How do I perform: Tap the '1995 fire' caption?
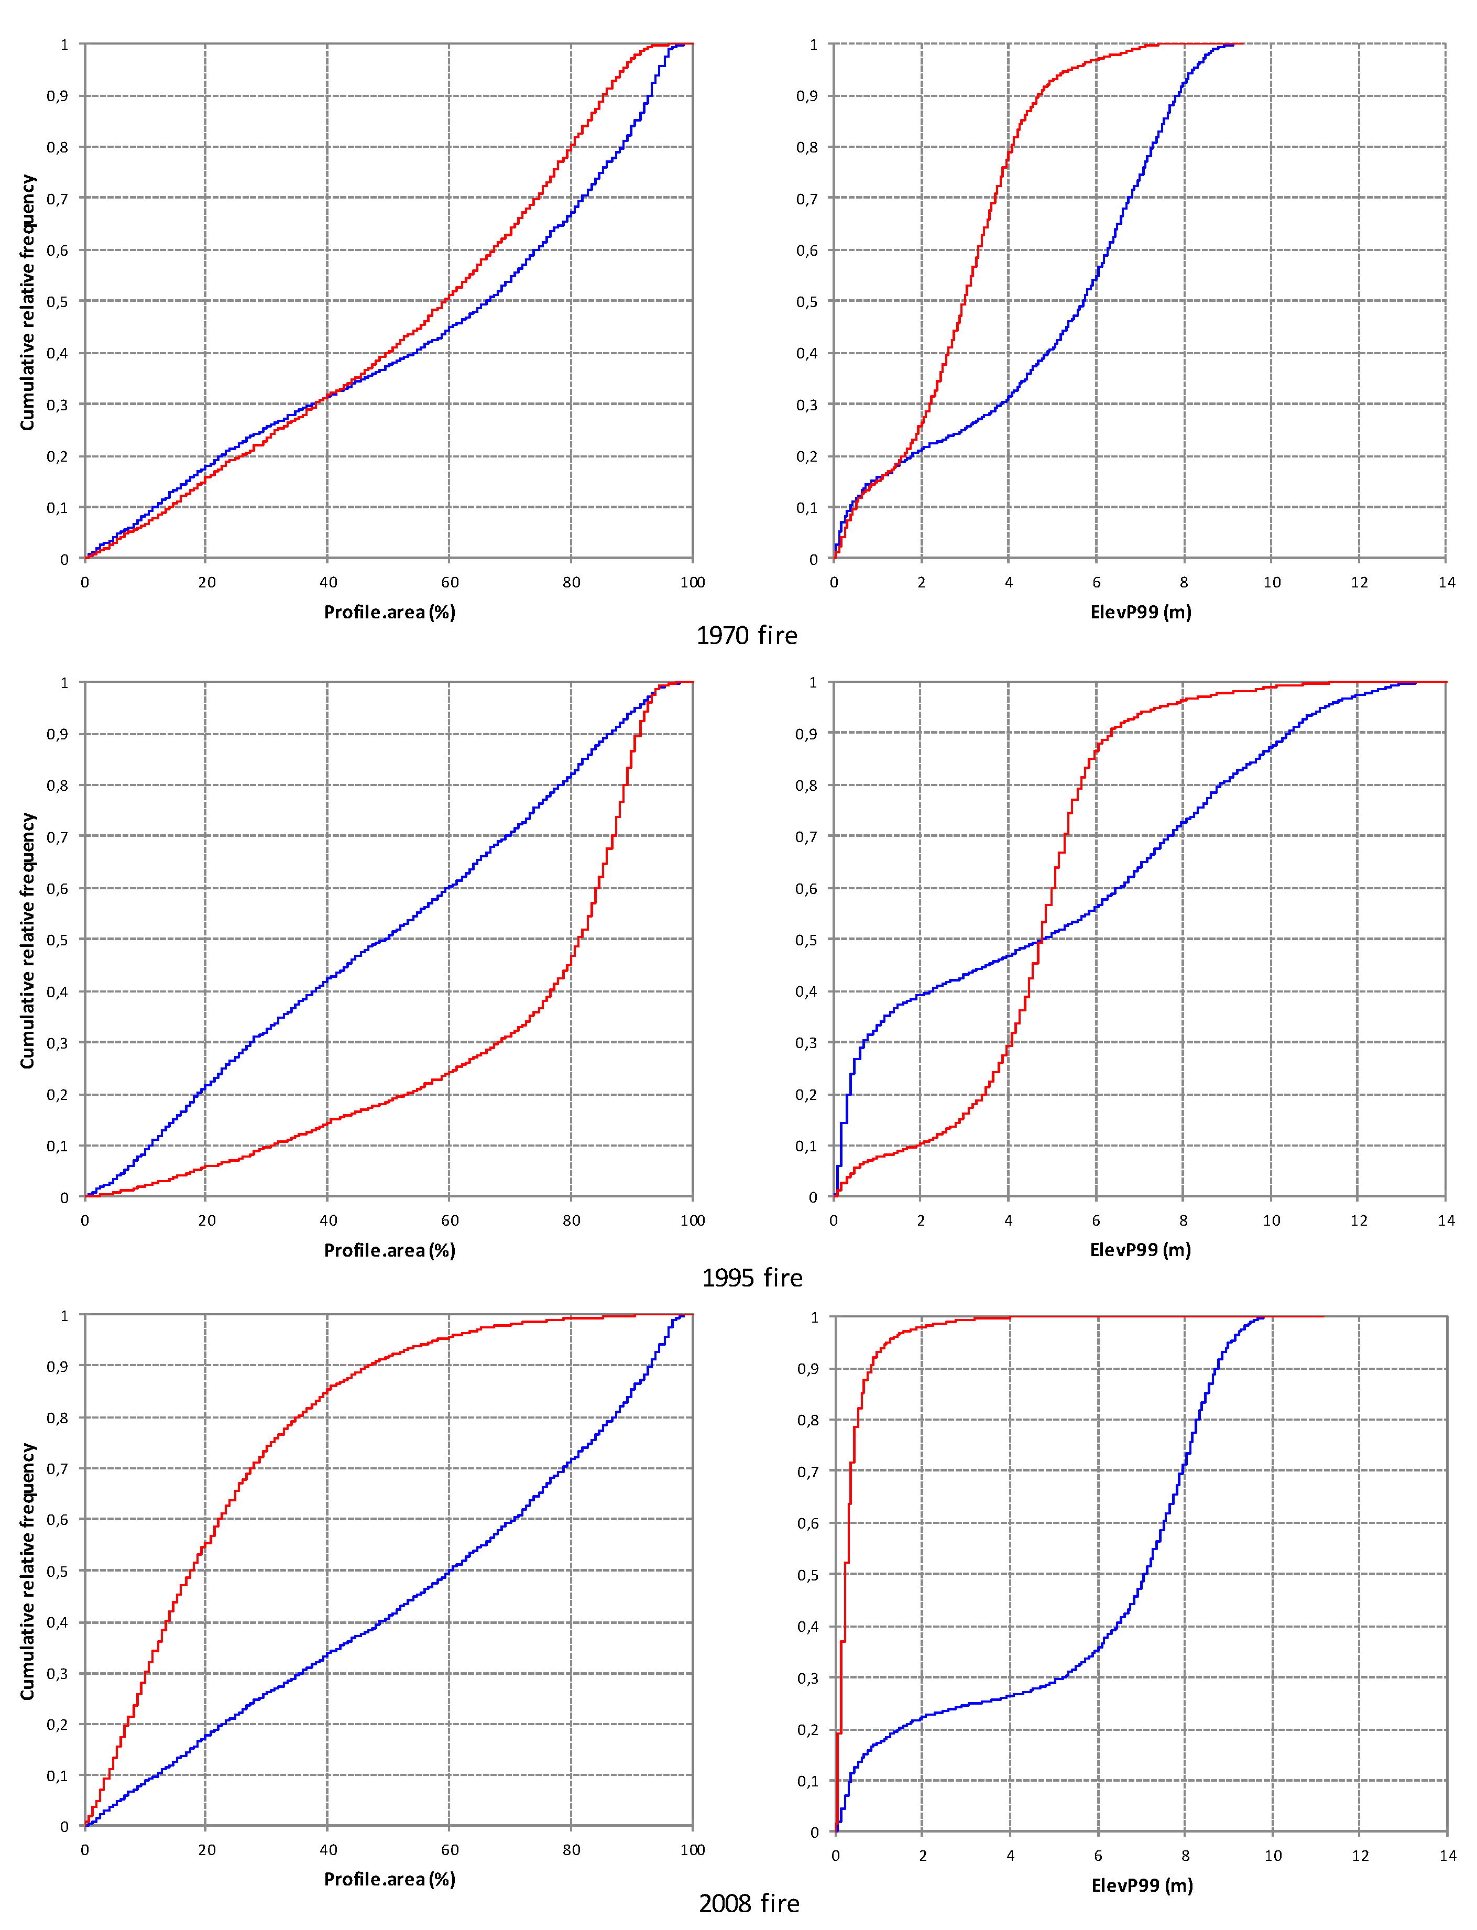coord(752,1278)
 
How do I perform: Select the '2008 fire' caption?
coord(749,1904)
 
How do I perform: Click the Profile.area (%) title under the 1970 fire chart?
coord(389,612)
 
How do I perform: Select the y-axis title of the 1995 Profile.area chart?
coord(27,940)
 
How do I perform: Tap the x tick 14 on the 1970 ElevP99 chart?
coord(1446,582)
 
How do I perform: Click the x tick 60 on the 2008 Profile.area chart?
coord(449,1850)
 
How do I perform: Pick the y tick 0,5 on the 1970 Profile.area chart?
coord(57,302)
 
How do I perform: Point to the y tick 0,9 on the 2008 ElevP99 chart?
coord(807,1369)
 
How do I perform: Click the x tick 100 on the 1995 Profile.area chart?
coord(692,1220)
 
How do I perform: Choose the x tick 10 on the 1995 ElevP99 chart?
coord(1271,1220)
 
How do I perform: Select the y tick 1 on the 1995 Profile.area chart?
coord(64,683)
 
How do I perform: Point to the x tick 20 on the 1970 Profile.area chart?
coord(206,582)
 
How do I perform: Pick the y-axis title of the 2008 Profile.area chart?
coord(27,1571)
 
